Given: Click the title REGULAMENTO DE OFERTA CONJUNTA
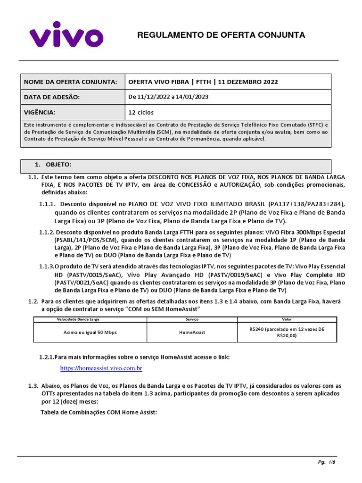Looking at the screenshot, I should (221, 35).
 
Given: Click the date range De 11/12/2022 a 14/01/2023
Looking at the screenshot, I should (168, 97).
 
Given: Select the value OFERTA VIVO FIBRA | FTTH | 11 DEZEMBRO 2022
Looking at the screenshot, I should (203, 82).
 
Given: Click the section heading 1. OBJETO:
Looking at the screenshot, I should (53, 164).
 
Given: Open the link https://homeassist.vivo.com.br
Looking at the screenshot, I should (101, 368).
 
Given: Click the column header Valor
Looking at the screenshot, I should (287, 319).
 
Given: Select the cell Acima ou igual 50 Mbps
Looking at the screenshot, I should (90, 333).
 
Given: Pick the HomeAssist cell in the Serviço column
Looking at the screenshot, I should (192, 333).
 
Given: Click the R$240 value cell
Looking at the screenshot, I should (287, 333).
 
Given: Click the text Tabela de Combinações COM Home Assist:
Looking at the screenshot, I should (99, 412).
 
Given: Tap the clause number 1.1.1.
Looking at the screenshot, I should (48, 204).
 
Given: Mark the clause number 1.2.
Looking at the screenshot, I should (33, 301).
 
